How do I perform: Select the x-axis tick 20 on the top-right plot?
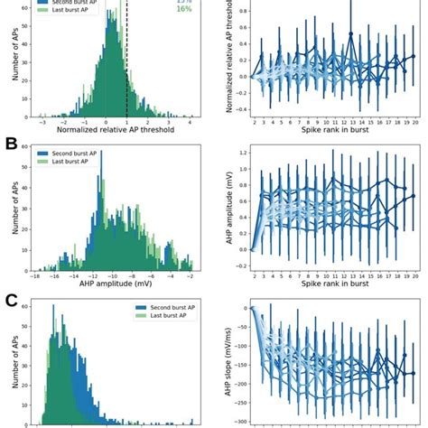tap(414, 121)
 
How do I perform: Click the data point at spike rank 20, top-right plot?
tap(414, 56)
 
